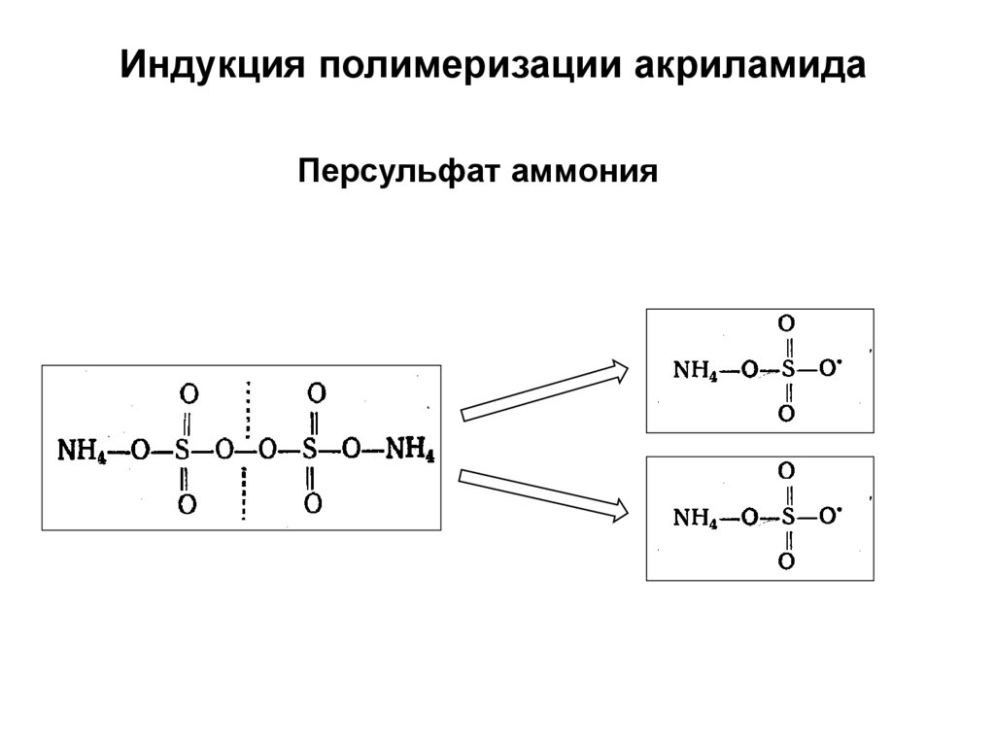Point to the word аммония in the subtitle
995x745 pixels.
click(x=587, y=173)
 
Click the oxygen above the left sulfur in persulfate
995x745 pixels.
click(x=189, y=394)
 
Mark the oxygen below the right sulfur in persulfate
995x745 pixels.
click(x=313, y=503)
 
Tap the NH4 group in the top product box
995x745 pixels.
click(x=695, y=370)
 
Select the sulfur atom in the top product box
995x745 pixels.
click(x=787, y=370)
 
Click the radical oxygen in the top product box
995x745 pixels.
click(x=827, y=368)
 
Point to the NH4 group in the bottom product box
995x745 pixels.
click(x=695, y=518)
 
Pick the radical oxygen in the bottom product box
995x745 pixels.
click(x=827, y=516)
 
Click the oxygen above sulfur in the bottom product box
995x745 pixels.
click(x=787, y=471)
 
